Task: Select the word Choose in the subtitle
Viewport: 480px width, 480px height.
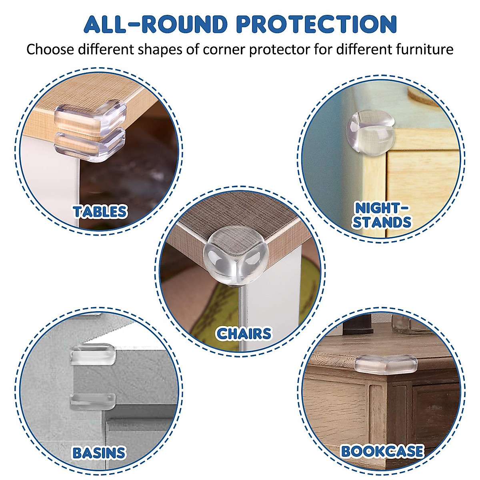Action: tap(50, 50)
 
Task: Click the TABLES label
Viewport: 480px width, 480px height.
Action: tap(100, 212)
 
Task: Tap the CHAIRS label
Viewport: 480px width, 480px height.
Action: tap(244, 333)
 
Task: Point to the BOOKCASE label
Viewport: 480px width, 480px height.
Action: tap(382, 451)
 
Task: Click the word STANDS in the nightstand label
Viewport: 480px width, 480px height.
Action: tap(382, 222)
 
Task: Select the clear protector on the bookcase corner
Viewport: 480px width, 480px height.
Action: tap(386, 364)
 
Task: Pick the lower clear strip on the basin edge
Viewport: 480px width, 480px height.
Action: tap(93, 400)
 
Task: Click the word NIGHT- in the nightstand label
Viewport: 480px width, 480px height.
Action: tap(382, 208)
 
